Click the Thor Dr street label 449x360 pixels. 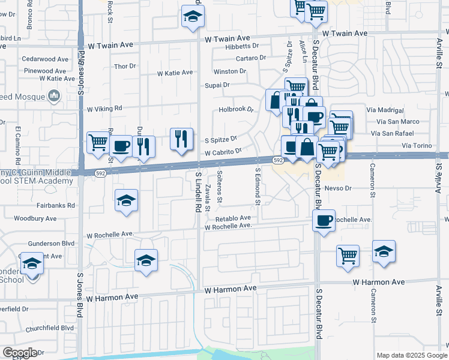(125, 66)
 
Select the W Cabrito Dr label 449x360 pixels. (223, 153)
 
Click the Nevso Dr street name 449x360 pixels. (337, 188)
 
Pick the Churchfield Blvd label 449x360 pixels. (49, 328)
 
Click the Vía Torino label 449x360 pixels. (417, 146)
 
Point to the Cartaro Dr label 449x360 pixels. (251, 58)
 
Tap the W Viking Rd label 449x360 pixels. (104, 109)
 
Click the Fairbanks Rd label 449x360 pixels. (59, 205)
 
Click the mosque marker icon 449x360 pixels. (55, 95)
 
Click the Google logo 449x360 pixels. (20, 353)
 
